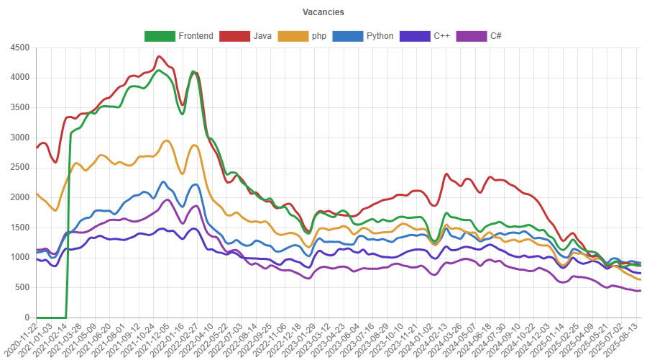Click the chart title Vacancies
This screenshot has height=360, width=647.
point(323,12)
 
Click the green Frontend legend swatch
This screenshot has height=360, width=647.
point(159,35)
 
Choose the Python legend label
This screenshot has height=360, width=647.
point(380,35)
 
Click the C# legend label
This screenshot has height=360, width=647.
point(497,35)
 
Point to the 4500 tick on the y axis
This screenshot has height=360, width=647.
point(19,48)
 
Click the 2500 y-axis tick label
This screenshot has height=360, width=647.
point(19,167)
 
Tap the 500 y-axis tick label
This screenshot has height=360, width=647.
point(22,287)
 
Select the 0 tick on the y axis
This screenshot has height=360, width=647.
point(27,318)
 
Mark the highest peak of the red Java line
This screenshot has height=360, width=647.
point(159,56)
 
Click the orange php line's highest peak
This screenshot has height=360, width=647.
point(167,140)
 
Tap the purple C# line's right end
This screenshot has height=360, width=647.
point(640,290)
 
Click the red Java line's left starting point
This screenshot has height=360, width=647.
point(36,148)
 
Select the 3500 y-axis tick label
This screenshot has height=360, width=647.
point(19,107)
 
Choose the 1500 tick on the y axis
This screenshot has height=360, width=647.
point(19,228)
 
